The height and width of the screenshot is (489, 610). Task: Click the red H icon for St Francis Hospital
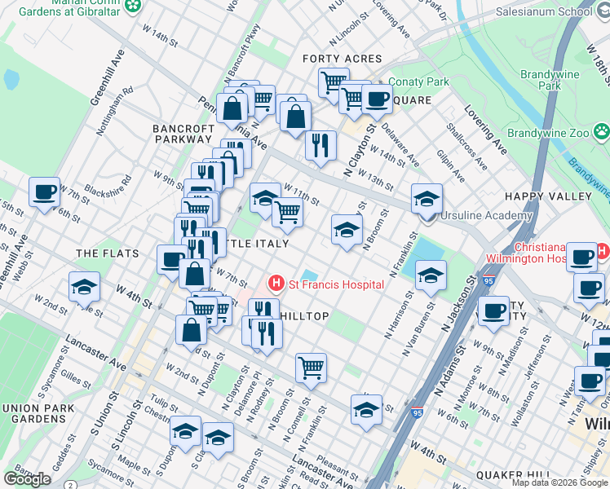click(276, 284)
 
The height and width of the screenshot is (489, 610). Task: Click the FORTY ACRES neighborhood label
click(342, 59)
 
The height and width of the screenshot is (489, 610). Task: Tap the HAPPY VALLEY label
click(547, 196)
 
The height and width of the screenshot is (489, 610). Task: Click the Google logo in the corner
click(27, 479)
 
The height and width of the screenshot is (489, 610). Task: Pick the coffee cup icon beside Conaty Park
click(377, 99)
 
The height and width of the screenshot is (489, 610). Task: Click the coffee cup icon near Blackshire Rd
click(44, 192)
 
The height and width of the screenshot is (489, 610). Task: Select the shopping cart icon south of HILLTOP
click(311, 368)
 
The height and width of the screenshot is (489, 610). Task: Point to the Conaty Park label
click(419, 82)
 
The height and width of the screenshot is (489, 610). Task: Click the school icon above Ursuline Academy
click(426, 198)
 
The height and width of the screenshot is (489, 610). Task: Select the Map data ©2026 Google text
click(559, 482)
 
